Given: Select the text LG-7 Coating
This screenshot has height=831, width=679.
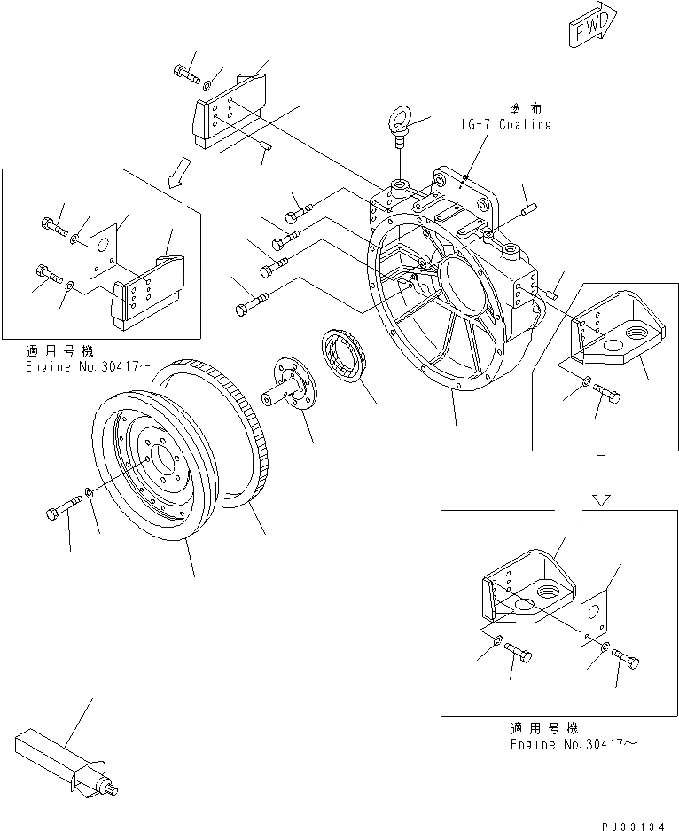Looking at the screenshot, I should (504, 124).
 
